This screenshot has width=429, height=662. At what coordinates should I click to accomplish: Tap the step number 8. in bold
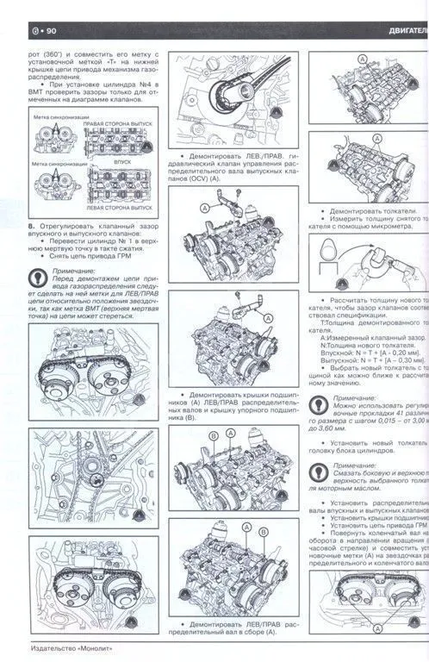click(32, 226)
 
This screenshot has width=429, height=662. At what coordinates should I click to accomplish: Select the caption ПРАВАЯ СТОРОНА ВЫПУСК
click(116, 124)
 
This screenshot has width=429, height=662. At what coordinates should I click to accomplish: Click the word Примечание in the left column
click(77, 270)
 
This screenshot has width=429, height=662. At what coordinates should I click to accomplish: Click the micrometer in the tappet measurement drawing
click(379, 258)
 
